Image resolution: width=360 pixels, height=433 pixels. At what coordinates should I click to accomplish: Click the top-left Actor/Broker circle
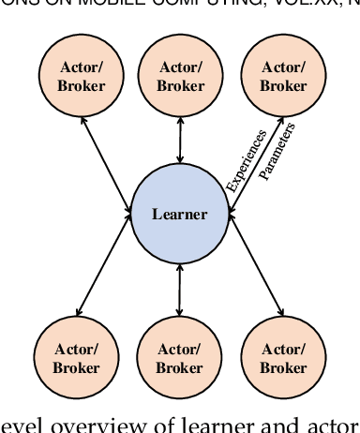[x=76, y=78]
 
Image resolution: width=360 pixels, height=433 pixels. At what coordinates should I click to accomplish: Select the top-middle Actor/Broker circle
[x=180, y=78]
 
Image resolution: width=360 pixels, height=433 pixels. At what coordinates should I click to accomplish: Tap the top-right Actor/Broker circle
[x=284, y=78]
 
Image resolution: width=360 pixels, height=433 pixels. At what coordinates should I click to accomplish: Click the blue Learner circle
[x=179, y=215]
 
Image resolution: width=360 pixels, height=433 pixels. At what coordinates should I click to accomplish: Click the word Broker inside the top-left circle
[x=76, y=86]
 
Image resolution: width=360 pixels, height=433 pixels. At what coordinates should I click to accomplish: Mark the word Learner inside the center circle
[x=179, y=215]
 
